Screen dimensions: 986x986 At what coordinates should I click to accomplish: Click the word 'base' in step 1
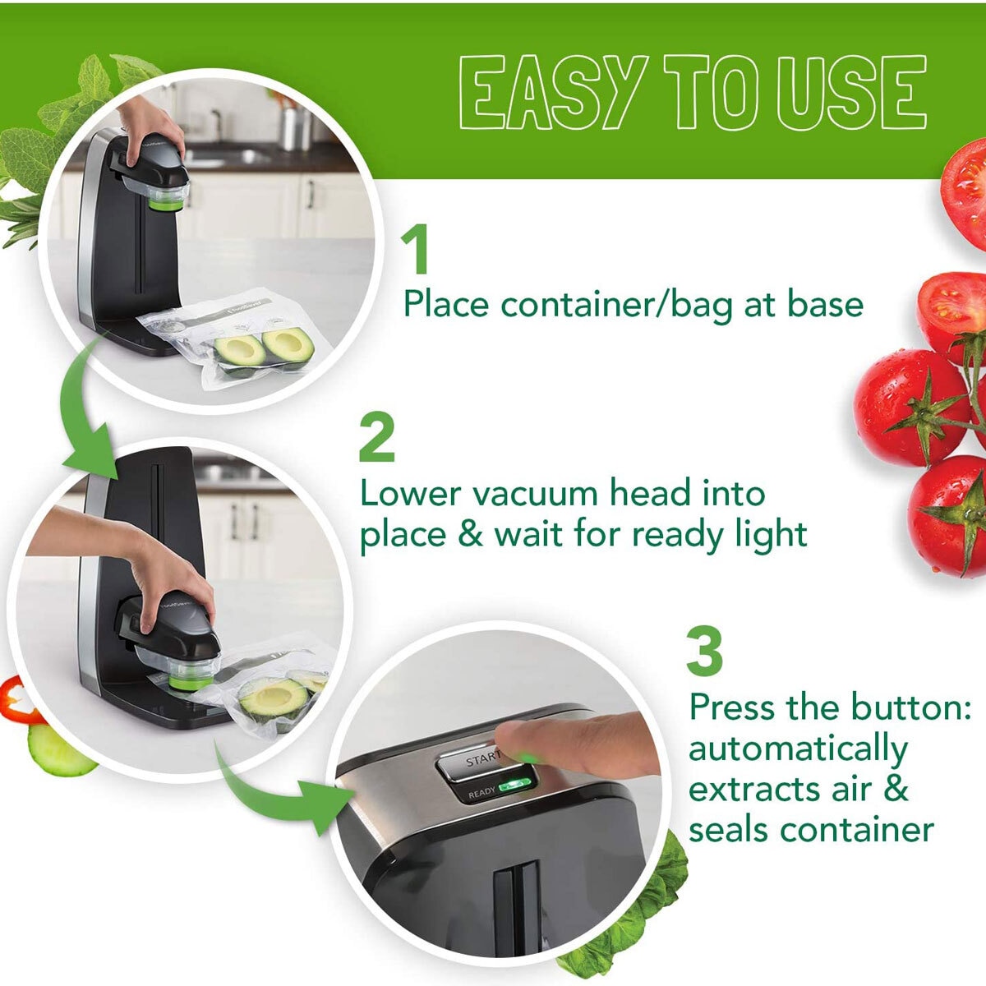[825, 305]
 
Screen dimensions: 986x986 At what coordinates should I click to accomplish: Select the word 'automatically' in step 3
[797, 749]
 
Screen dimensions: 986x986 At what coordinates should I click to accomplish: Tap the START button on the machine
[477, 762]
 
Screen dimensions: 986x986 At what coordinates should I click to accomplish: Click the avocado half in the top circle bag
[288, 344]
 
